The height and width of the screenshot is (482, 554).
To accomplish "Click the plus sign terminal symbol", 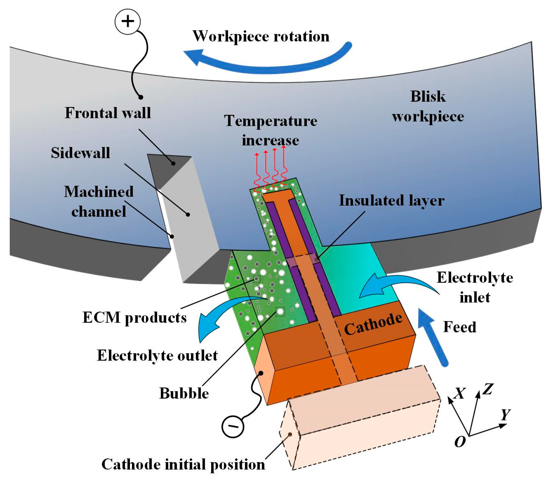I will [128, 21].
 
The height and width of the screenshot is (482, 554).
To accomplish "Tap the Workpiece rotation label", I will [261, 36].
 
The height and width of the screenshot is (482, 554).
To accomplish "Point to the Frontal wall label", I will [107, 113].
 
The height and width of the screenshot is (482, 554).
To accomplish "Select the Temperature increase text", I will [270, 131].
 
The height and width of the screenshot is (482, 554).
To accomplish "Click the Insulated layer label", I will [392, 201].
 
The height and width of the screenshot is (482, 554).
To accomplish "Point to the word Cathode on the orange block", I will [373, 325].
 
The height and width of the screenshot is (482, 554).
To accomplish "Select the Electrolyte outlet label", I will [157, 356].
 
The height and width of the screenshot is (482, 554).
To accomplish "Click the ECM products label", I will [134, 318].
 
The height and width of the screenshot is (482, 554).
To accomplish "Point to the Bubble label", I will [184, 393].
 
